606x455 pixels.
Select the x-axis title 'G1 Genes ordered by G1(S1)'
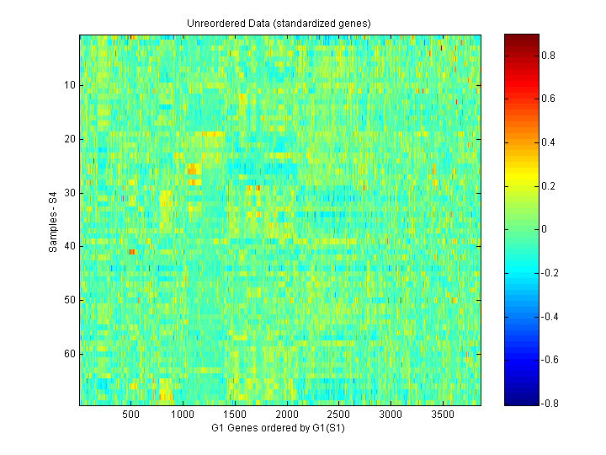[279, 428]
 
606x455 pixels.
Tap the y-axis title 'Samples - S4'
[53, 220]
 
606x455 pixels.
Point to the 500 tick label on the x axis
[130, 415]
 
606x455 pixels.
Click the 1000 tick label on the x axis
[183, 415]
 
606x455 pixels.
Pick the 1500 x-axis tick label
[235, 415]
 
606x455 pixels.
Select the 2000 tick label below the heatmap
[287, 415]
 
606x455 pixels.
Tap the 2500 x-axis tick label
[339, 415]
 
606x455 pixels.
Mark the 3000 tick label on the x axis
[391, 415]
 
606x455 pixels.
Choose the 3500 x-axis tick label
[444, 415]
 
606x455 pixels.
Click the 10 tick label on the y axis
[69, 85]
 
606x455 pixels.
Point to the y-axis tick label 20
[69, 139]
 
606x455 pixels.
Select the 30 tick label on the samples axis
[69, 193]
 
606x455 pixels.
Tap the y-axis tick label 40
[69, 246]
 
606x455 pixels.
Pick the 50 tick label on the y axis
[69, 300]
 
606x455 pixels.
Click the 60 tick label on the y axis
[69, 354]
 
